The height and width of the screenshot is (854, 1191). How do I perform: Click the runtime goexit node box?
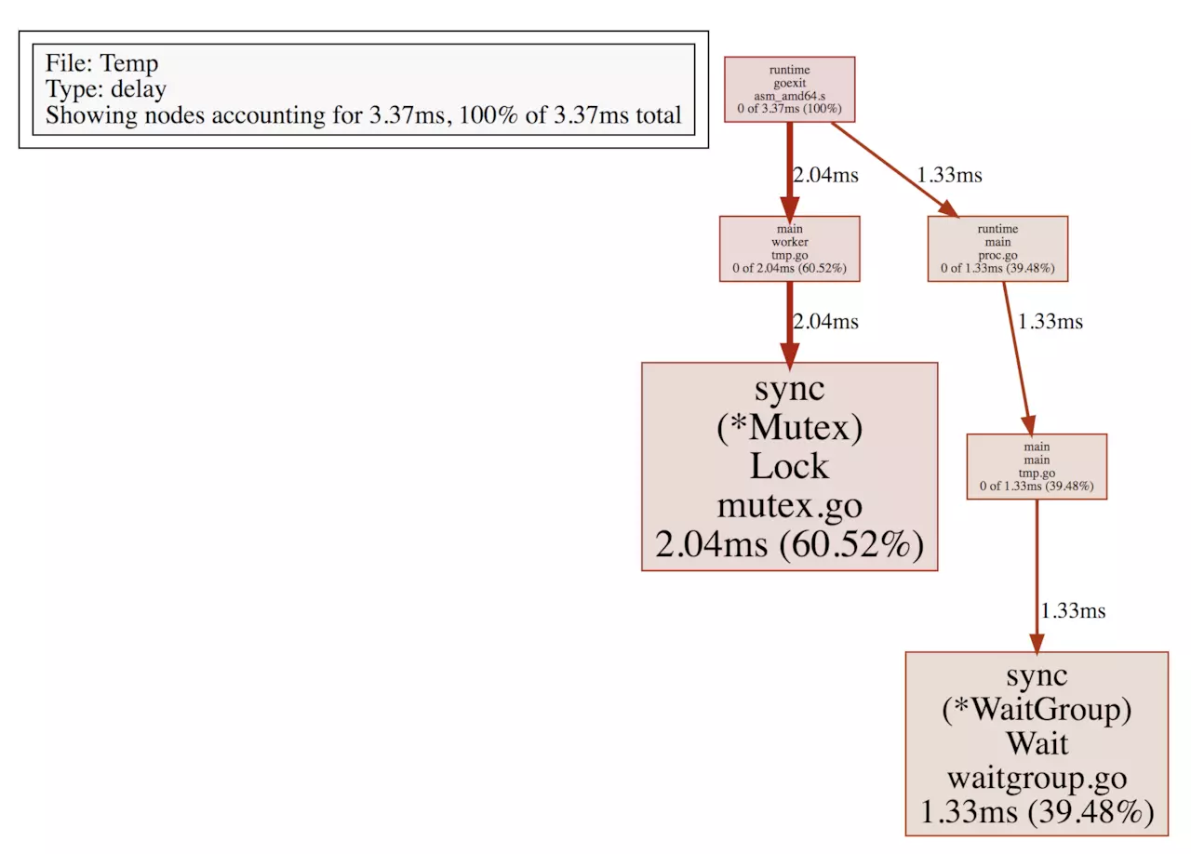[790, 89]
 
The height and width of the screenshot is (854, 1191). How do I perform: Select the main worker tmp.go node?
[790, 248]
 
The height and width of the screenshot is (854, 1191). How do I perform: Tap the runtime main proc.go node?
[997, 248]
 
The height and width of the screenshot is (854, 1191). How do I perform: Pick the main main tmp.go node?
[1037, 466]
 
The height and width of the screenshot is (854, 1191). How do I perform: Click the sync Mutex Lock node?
[790, 466]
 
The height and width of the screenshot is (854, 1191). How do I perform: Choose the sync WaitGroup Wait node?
[1037, 743]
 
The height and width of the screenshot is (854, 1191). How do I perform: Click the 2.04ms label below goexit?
[825, 175]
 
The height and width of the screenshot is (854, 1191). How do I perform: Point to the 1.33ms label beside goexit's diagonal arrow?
[950, 175]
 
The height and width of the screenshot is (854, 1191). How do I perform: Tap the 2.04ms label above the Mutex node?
[825, 321]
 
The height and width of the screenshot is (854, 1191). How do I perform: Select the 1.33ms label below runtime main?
[1050, 321]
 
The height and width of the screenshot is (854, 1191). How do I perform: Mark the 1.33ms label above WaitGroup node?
[1073, 610]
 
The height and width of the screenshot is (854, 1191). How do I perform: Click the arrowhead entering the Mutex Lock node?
[790, 355]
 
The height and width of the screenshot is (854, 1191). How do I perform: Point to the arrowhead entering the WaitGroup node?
[1037, 644]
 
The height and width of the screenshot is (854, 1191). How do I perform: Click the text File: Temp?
[101, 62]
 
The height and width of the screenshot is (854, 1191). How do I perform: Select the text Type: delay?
[106, 88]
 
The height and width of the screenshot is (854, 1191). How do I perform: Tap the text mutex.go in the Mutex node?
[790, 505]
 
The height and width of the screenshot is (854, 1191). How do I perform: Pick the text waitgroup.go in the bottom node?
[1037, 778]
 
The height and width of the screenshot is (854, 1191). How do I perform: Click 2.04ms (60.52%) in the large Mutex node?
[790, 544]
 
